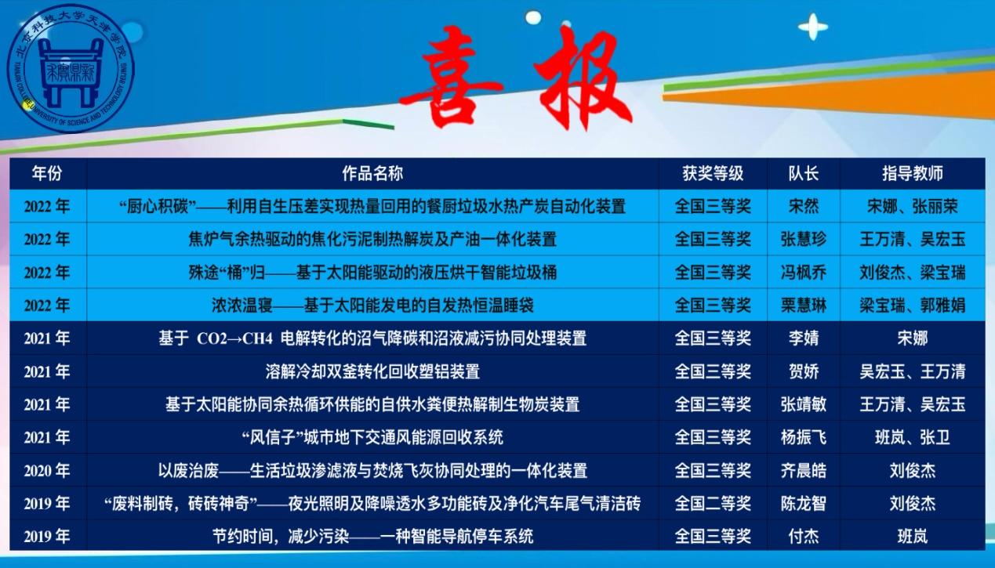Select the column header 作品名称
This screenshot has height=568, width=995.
(x=372, y=173)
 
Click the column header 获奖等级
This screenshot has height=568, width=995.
(x=712, y=173)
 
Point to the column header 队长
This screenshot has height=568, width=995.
(x=803, y=173)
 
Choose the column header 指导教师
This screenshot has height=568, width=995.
(x=912, y=173)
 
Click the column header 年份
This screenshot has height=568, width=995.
(x=47, y=173)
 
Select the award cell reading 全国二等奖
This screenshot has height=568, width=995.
(x=712, y=504)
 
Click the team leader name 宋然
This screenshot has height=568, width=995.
(x=803, y=207)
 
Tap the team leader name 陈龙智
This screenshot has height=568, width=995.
(x=803, y=504)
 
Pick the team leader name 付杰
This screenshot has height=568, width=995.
(x=803, y=537)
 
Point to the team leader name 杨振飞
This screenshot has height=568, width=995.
(x=803, y=437)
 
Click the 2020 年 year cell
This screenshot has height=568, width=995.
(x=47, y=471)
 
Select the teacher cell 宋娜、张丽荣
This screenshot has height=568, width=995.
(x=912, y=207)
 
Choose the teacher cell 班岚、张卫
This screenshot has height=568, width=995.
(x=912, y=437)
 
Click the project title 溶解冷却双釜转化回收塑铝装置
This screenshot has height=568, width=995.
(x=372, y=371)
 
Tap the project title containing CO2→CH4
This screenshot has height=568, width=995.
(x=372, y=338)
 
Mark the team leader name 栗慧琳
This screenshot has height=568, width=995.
(x=803, y=306)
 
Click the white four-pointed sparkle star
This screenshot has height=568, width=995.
(x=812, y=28)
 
